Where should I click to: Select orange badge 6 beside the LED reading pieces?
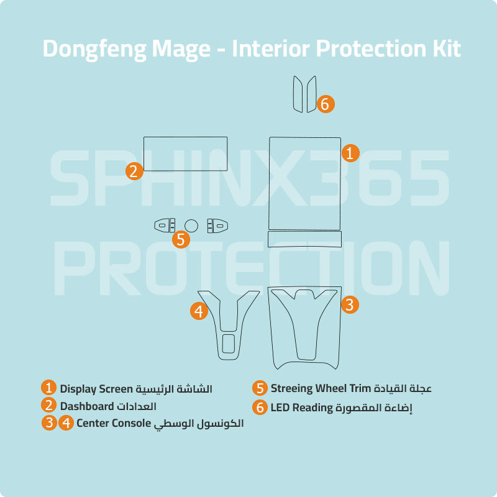point(326,104)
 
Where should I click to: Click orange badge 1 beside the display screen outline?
point(350,153)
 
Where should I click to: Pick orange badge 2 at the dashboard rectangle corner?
point(134,171)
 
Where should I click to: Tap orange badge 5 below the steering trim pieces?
point(181,239)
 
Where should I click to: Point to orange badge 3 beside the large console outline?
point(350,304)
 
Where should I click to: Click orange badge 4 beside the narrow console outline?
point(199,311)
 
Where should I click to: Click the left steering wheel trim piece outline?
point(165,226)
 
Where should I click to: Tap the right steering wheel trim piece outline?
point(217,226)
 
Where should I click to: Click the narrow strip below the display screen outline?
point(304,239)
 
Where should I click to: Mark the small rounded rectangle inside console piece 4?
point(228,344)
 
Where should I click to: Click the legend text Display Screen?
point(96,390)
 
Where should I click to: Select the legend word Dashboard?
point(87,406)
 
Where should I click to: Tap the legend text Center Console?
point(114,423)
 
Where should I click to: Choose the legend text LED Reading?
point(301,408)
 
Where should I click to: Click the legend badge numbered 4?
point(66,423)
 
